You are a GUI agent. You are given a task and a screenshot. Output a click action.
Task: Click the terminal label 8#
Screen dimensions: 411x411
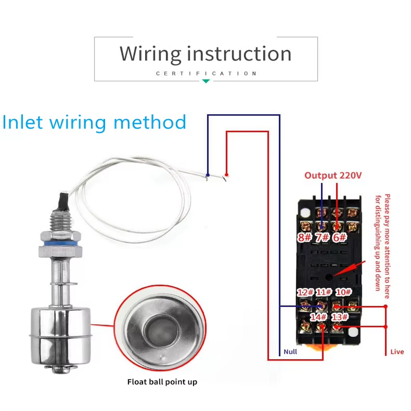tap(305, 237)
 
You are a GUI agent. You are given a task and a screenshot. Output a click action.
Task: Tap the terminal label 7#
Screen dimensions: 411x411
tap(322, 237)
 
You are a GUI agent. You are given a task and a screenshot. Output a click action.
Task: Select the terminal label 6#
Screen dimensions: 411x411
tap(339, 237)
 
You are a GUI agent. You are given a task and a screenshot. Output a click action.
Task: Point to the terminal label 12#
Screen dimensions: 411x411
tap(305, 292)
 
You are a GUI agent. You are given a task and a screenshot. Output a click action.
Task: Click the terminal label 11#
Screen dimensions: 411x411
tap(323, 292)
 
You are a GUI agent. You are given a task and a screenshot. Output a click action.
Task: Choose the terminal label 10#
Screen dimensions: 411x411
tap(343, 292)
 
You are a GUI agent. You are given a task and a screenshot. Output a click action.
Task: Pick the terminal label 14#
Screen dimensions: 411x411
tap(318, 317)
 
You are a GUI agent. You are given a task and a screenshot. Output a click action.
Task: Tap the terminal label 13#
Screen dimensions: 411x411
tap(339, 317)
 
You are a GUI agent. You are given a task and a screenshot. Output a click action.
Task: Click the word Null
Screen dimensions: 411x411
tap(290, 352)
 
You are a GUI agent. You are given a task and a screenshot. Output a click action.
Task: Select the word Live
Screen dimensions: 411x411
tap(397, 352)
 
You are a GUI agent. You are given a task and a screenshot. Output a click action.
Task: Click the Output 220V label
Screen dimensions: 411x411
tap(333, 175)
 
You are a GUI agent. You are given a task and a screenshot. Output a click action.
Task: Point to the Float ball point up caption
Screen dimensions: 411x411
tap(162, 382)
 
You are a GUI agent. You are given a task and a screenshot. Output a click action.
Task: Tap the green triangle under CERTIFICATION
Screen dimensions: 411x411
tap(206, 81)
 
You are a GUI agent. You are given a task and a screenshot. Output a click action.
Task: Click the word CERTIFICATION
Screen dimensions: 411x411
tap(206, 74)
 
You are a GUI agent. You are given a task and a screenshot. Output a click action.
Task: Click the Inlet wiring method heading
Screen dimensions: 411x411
tap(94, 122)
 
